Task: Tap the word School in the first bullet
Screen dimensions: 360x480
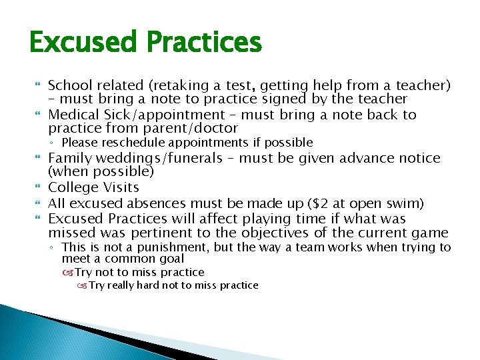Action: point(70,85)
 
